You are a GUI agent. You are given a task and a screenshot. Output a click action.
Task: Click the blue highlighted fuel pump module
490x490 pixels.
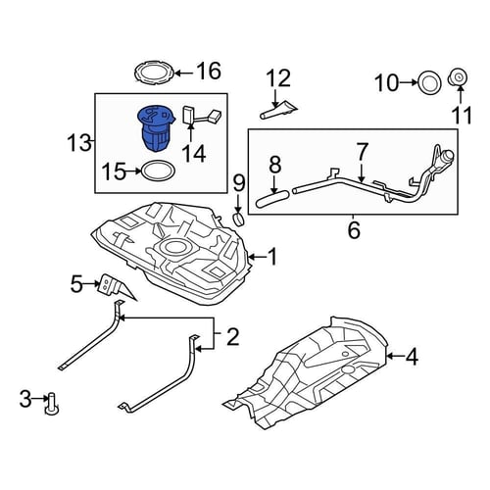pos(156,128)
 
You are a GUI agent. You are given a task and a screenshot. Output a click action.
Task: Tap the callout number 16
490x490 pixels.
pos(209,72)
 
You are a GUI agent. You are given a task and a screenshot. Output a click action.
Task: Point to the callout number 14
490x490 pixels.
pos(194,153)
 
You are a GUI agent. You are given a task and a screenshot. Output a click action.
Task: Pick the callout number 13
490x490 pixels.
pos(79,142)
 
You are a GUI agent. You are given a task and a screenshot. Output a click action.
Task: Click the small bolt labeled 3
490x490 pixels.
pos(52,404)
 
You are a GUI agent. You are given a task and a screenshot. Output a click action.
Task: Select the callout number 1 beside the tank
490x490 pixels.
pos(271,257)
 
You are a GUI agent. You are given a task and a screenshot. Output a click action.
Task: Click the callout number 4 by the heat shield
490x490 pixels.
pos(412,357)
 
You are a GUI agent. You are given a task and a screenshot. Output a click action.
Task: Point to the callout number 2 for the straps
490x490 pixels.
pos(232,337)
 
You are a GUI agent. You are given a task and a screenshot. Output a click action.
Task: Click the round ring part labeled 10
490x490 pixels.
pos(430,83)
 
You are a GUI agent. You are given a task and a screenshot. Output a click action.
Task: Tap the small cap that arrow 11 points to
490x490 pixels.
pos(459,76)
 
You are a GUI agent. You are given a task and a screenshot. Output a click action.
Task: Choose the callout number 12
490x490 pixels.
pos(278,77)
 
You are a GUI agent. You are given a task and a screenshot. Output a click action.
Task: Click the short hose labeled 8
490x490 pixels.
pos(273,199)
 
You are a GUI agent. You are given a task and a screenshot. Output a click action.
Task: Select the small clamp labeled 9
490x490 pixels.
pos(239,220)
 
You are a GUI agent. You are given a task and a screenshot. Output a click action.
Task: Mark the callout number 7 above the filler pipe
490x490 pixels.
pos(362,151)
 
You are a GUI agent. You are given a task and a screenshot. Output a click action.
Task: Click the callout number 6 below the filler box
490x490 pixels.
pos(354,230)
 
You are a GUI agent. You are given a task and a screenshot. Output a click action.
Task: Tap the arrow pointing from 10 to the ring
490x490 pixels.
pos(408,83)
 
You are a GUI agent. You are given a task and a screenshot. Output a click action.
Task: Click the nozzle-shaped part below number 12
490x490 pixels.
pos(279,109)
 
